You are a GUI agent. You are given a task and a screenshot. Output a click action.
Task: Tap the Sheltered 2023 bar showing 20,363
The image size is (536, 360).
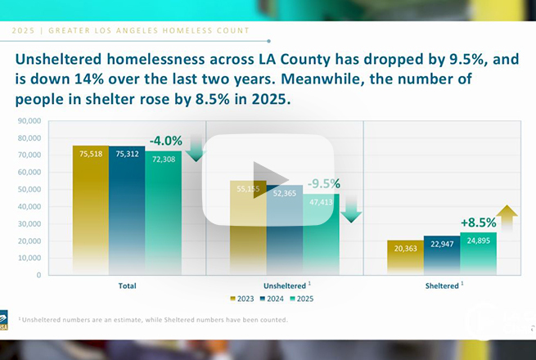click(406, 258)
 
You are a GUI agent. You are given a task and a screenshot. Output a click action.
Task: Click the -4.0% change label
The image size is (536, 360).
click(165, 141)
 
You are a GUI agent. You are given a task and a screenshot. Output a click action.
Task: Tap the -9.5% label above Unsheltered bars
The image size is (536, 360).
click(323, 184)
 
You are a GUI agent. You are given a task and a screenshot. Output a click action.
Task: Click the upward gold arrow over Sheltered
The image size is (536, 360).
click(507, 219)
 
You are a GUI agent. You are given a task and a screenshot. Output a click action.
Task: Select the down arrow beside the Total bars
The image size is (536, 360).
click(196, 150)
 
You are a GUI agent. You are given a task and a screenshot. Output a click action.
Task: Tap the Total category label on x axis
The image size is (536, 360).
click(126, 286)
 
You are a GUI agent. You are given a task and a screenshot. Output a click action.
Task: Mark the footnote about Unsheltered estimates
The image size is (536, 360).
click(152, 319)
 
